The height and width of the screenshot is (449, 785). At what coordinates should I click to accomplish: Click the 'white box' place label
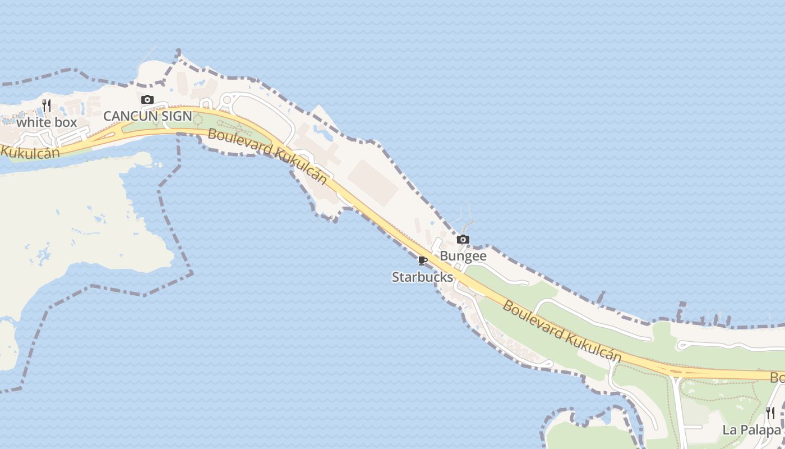[x=47, y=122]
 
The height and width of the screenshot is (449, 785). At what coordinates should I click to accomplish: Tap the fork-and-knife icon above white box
[x=47, y=105]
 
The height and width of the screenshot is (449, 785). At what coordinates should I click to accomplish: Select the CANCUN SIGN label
[x=147, y=117]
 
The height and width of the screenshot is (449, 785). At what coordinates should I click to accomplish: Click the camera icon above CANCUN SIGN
[x=147, y=100]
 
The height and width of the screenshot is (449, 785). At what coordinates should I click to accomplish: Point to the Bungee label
[x=463, y=256]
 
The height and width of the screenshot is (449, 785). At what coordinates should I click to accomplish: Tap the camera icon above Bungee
[x=463, y=240]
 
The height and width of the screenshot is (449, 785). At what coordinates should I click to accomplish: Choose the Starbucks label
[x=422, y=277]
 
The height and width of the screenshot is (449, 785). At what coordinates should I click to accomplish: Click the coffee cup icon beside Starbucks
[x=423, y=260]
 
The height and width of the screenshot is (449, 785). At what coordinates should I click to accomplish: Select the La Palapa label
[x=751, y=430]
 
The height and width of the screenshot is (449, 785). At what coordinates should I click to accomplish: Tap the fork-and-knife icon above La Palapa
[x=770, y=414]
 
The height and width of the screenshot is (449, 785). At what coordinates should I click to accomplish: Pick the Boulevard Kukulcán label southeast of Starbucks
[x=562, y=331]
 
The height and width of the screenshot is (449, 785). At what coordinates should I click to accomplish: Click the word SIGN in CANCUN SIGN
[x=177, y=117]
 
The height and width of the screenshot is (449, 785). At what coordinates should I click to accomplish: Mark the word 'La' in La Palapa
[x=729, y=430]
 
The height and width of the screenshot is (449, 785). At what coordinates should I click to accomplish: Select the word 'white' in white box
[x=34, y=122]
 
